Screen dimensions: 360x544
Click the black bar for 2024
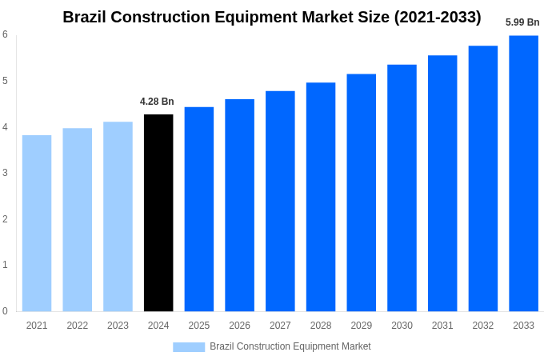(158, 213)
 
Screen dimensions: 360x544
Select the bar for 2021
(37, 223)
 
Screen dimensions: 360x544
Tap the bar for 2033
(523, 173)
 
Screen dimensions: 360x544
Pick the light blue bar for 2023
(118, 216)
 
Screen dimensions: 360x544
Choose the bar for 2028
(321, 197)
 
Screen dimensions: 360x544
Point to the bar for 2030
(402, 188)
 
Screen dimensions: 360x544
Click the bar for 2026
(239, 205)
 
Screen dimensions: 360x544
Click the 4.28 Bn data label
(157, 102)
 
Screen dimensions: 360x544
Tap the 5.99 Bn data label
(522, 22)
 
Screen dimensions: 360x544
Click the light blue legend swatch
(189, 347)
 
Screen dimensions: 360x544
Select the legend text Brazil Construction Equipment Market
(290, 346)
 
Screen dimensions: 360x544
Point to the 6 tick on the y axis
(5, 34)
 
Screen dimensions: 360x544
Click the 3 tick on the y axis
(5, 173)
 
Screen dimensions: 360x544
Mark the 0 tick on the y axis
(5, 311)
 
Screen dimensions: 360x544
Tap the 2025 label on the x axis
(199, 326)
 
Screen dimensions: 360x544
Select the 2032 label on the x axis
(483, 326)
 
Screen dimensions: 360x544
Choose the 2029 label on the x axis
(362, 326)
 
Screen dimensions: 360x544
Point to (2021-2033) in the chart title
(438, 17)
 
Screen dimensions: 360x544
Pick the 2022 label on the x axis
(78, 326)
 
